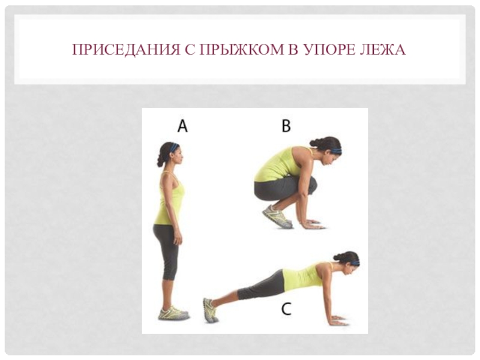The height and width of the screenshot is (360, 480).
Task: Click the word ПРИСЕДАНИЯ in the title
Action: [x=126, y=50]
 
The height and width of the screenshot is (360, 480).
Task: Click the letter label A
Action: [x=182, y=126]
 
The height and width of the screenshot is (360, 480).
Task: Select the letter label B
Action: [x=286, y=126]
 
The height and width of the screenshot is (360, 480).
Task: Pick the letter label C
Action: [x=286, y=309]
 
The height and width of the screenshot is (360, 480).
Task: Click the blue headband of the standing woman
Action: [x=174, y=148]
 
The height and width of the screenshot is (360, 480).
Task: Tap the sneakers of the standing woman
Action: [x=173, y=313]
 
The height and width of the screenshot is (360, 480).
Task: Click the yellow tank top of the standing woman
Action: [x=169, y=199]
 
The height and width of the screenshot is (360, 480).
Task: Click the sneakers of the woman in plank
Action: [x=211, y=310]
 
